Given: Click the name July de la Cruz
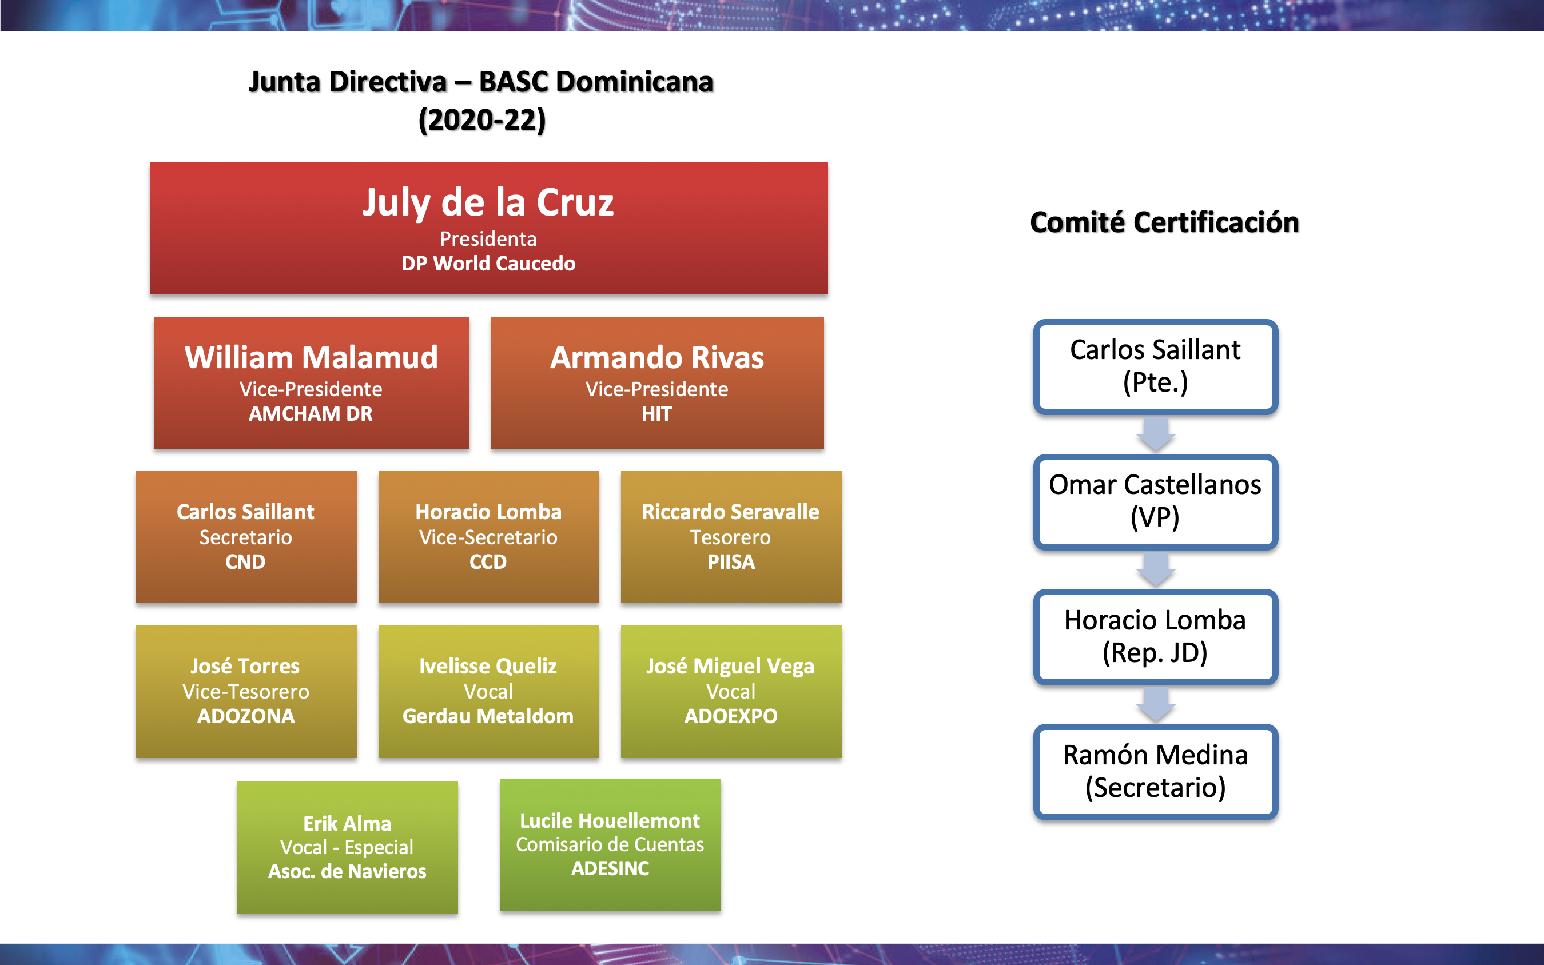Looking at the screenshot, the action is pyautogui.click(x=488, y=203).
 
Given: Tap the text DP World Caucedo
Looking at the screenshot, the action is pyautogui.click(x=488, y=264).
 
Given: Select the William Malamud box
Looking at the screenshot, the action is pyautogui.click(x=312, y=383).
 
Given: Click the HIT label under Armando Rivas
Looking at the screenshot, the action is pyautogui.click(x=657, y=414).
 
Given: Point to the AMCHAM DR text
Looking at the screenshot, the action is pyautogui.click(x=311, y=414).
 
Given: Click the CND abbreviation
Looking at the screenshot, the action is pyautogui.click(x=245, y=563).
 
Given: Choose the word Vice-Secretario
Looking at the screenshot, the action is pyautogui.click(x=488, y=537).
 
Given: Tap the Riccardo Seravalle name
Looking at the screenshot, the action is pyautogui.click(x=731, y=512).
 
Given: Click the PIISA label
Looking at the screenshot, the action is pyautogui.click(x=731, y=563).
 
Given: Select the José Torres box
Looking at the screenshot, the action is pyautogui.click(x=246, y=692).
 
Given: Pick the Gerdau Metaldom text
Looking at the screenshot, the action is pyautogui.click(x=488, y=717).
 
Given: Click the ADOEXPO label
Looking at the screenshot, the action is pyautogui.click(x=731, y=717).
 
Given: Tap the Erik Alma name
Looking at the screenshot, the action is pyautogui.click(x=347, y=824).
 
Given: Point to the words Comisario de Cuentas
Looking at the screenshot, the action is pyautogui.click(x=610, y=845).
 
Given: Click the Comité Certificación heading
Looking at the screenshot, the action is pyautogui.click(x=1165, y=223).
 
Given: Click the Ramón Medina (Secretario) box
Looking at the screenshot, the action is pyautogui.click(x=1156, y=772).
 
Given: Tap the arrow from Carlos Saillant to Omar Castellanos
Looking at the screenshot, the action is pyautogui.click(x=1156, y=434).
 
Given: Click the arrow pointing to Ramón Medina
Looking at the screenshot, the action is pyautogui.click(x=1156, y=705).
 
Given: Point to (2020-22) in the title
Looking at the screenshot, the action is pyautogui.click(x=483, y=121).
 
